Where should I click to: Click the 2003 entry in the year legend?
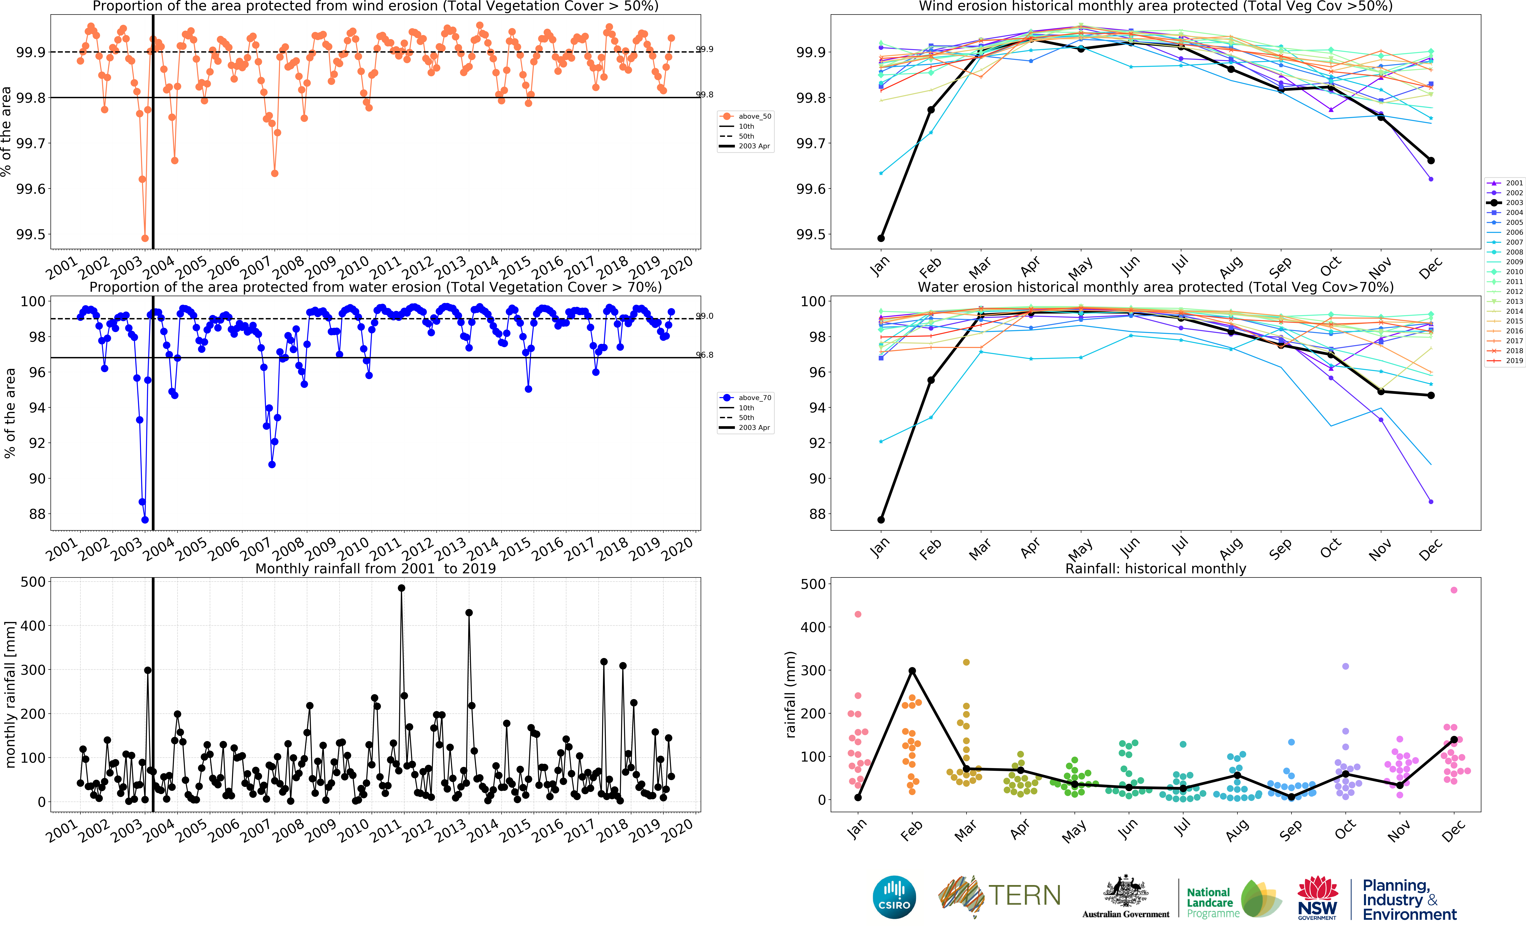[x=1506, y=203]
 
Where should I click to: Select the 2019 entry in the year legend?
[x=1506, y=361]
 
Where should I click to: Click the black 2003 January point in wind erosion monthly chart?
[x=881, y=238]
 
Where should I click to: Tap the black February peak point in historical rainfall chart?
[x=912, y=671]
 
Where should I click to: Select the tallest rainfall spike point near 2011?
[x=402, y=588]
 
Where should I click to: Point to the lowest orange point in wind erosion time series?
[x=145, y=238]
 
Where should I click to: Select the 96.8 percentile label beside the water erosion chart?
[x=705, y=355]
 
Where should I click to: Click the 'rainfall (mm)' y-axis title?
[x=790, y=694]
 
